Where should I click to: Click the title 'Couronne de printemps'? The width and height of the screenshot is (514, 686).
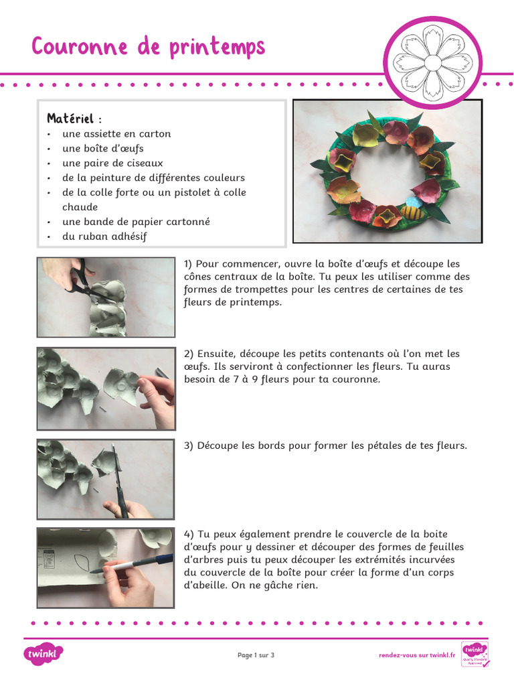148,48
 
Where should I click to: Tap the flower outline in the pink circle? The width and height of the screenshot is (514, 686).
432,62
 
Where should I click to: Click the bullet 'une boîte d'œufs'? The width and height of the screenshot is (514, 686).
102,148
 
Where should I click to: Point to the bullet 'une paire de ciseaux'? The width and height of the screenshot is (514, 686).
112,163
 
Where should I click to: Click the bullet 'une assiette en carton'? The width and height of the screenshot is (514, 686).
116,133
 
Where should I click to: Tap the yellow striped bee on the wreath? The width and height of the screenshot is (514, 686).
410,212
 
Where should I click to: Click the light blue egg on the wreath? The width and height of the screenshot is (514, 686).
414,200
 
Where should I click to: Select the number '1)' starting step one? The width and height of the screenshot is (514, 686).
189,264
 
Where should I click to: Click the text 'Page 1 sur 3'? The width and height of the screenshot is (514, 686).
256,655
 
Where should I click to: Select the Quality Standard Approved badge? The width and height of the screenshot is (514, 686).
475,655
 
